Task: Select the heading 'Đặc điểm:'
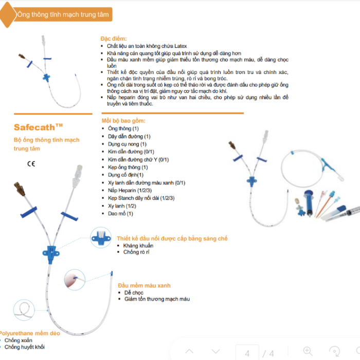(x=113, y=39)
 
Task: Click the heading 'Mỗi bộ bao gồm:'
(x=123, y=120)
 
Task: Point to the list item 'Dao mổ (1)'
(x=120, y=213)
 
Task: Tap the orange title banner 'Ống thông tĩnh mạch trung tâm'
(x=62, y=14)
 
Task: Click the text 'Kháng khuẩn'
(x=138, y=245)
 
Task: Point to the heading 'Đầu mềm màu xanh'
(x=144, y=285)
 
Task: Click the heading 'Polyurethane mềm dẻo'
(x=29, y=333)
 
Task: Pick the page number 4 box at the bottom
(x=247, y=353)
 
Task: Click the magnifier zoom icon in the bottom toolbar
(x=308, y=352)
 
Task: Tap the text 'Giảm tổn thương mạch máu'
(x=157, y=299)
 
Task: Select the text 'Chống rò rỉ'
(x=136, y=252)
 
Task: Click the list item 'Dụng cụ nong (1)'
(x=127, y=144)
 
